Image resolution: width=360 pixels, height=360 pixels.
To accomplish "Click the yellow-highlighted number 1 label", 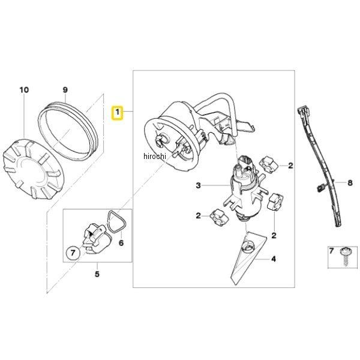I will (x=118, y=112).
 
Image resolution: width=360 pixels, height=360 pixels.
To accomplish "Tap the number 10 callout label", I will (x=24, y=91).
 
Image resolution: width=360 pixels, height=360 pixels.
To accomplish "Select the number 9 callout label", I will (x=65, y=91).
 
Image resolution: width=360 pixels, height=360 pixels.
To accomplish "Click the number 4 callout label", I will (x=274, y=260).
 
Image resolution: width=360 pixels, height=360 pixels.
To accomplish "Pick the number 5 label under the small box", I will (x=96, y=276).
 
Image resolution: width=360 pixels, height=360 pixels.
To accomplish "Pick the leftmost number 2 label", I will (x=197, y=215).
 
